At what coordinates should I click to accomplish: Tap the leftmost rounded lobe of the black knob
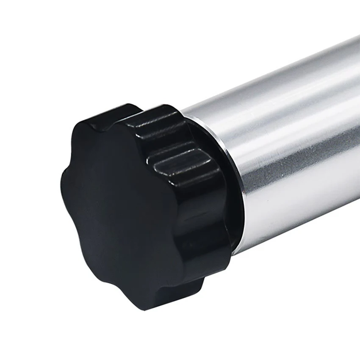(68, 178)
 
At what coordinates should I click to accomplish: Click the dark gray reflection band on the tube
(296, 157)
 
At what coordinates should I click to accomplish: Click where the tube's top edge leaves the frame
(358, 38)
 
